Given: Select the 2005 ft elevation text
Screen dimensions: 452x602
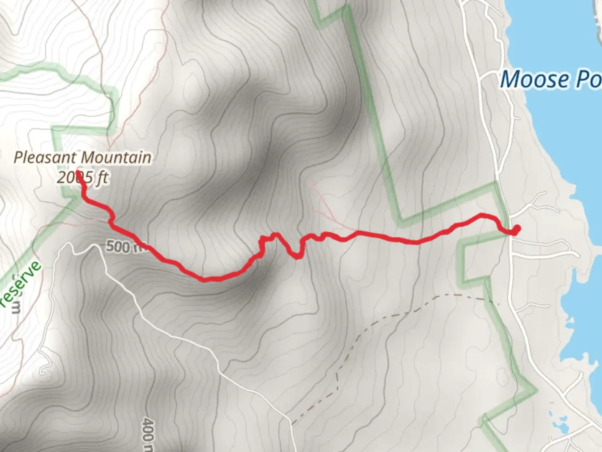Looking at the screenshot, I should click(x=82, y=178).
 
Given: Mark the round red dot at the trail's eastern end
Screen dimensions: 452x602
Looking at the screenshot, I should click(x=517, y=229).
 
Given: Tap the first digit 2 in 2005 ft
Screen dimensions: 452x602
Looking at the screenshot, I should click(x=61, y=178).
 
